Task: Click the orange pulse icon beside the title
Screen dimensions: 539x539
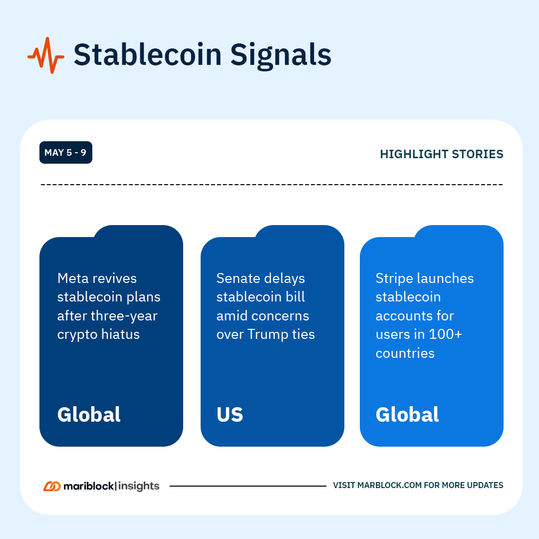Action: (46, 55)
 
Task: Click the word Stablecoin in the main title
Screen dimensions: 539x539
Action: (148, 55)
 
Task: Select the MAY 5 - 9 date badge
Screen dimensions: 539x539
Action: (66, 152)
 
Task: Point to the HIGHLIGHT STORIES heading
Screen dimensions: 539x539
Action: (441, 154)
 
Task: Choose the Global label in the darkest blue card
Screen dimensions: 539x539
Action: (89, 414)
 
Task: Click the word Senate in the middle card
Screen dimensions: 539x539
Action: (237, 278)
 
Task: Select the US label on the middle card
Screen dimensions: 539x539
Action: (230, 414)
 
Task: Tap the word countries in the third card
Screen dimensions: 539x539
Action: (405, 353)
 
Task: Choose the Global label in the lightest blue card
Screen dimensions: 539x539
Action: (407, 414)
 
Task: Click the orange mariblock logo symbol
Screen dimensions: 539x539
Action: (52, 486)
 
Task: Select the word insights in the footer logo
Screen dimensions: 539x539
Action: (139, 487)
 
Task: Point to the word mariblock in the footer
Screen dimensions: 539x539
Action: (89, 486)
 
